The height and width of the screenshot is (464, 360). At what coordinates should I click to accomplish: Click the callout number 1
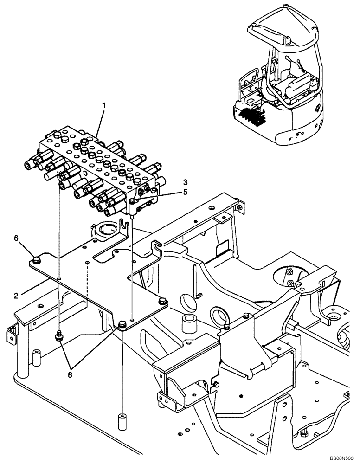click(x=104, y=106)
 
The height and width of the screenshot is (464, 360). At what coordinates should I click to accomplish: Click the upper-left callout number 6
click(x=16, y=238)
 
